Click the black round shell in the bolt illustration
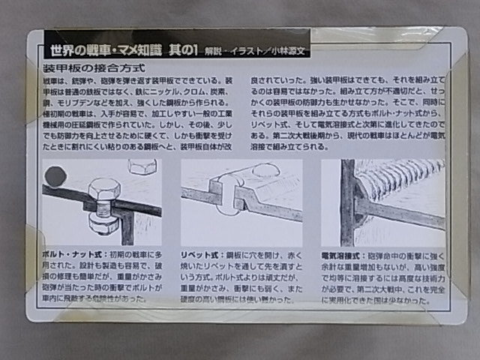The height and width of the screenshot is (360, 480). click(x=53, y=177)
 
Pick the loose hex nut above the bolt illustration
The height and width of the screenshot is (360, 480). click(x=142, y=166)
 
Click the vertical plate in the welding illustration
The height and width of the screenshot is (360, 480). click(x=347, y=202)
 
